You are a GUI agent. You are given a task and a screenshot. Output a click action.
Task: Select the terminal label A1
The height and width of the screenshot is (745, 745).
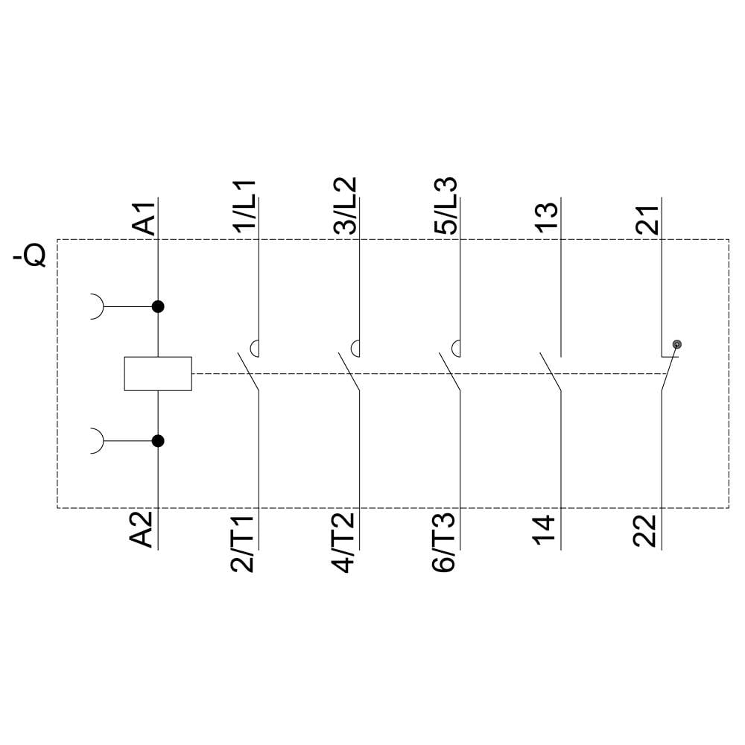pos(144,218)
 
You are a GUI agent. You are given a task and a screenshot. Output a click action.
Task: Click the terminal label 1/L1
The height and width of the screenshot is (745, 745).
pos(244,206)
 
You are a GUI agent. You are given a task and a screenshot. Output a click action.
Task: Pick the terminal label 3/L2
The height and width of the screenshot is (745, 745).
pos(345,206)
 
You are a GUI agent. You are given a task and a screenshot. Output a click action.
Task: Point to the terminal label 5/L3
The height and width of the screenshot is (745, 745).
pos(446,206)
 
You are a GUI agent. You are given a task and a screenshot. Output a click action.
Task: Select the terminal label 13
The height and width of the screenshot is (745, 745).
pos(546,218)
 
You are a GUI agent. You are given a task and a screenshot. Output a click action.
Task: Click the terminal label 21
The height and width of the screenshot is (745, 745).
pos(647,219)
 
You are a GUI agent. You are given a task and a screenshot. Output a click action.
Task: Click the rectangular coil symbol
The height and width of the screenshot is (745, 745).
pos(157,373)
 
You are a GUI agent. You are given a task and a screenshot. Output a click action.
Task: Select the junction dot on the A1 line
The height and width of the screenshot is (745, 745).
pos(157,306)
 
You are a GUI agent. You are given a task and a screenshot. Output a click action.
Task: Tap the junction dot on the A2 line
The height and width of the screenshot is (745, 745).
pos(157,441)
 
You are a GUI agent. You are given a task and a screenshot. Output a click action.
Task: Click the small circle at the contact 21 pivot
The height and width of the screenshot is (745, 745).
pos(676,344)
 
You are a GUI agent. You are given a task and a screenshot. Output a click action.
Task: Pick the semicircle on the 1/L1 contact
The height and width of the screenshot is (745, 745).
pos(254,348)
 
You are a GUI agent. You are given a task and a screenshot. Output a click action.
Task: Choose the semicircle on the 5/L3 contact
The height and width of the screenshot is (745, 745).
pos(456,348)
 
